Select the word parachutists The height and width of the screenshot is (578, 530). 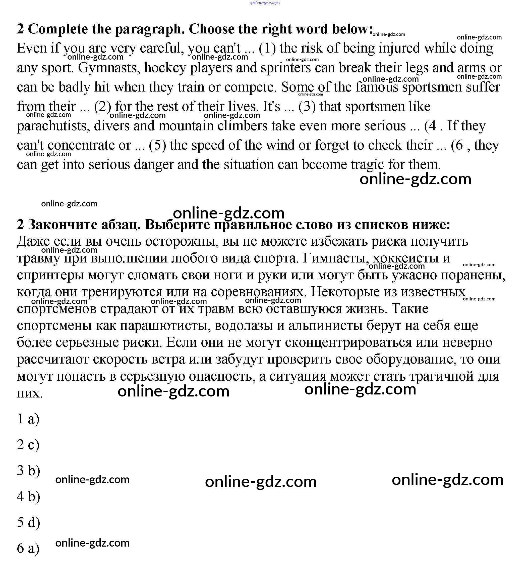tap(53, 126)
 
